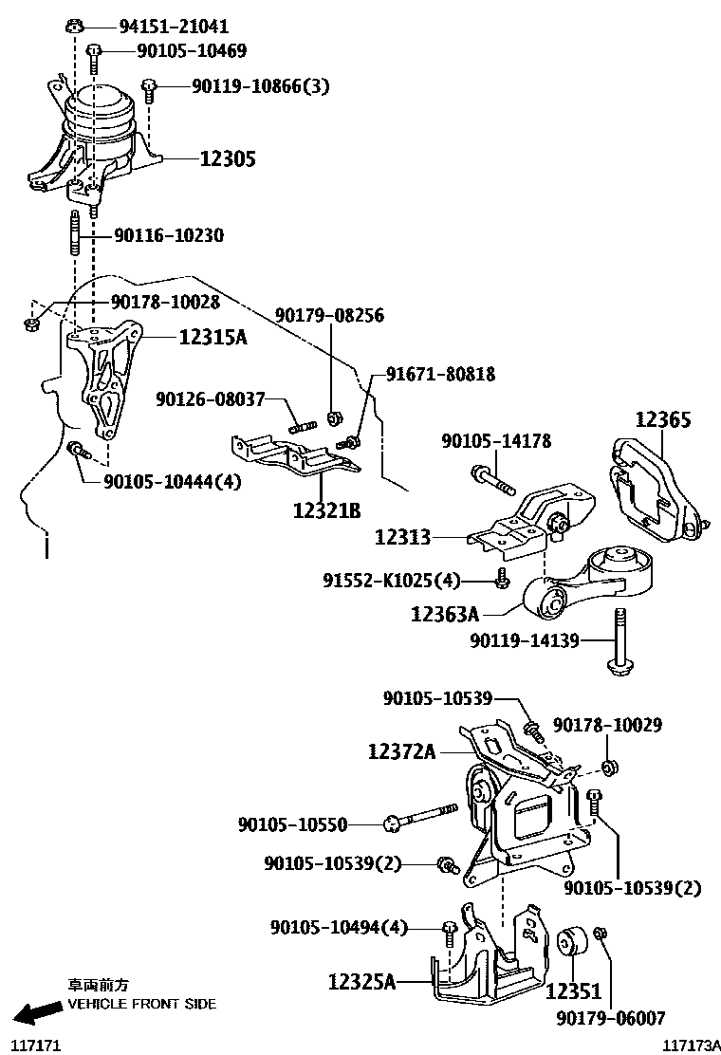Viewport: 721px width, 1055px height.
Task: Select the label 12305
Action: [x=227, y=158]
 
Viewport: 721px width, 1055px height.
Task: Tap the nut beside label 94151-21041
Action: [x=75, y=26]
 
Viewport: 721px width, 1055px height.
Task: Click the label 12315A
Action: [x=213, y=336]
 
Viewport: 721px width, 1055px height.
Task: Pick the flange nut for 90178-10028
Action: [x=30, y=325]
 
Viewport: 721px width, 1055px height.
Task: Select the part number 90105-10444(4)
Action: [x=174, y=481]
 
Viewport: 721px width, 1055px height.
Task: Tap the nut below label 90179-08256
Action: [x=334, y=416]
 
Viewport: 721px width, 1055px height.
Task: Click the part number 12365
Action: [x=663, y=419]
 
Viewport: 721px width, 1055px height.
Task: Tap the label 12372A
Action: [x=402, y=752]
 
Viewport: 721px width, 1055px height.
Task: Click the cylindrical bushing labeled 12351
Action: [x=572, y=944]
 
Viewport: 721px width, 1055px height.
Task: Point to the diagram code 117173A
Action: [x=690, y=1045]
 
